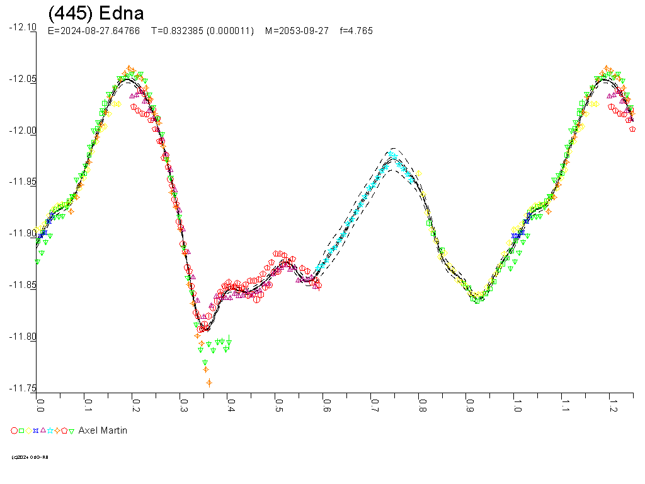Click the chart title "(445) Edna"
pyautogui.click(x=96, y=14)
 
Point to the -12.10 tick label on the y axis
pyautogui.click(x=23, y=27)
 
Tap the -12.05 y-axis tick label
pyautogui.click(x=23, y=79)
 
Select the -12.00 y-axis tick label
pyautogui.click(x=23, y=130)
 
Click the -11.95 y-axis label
pyautogui.click(x=23, y=182)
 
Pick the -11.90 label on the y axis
pyautogui.click(x=23, y=234)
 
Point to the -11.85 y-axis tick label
pyautogui.click(x=23, y=285)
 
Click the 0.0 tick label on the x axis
pyautogui.click(x=40, y=402)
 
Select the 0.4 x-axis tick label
pyautogui.click(x=231, y=402)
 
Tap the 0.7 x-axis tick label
pyautogui.click(x=374, y=402)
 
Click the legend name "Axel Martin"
pyautogui.click(x=103, y=430)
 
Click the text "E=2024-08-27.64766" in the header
pyautogui.click(x=94, y=31)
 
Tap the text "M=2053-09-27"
pyautogui.click(x=297, y=31)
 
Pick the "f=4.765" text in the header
pyautogui.click(x=356, y=31)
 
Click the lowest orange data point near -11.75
pyautogui.click(x=209, y=383)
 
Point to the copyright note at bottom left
pyautogui.click(x=30, y=457)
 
